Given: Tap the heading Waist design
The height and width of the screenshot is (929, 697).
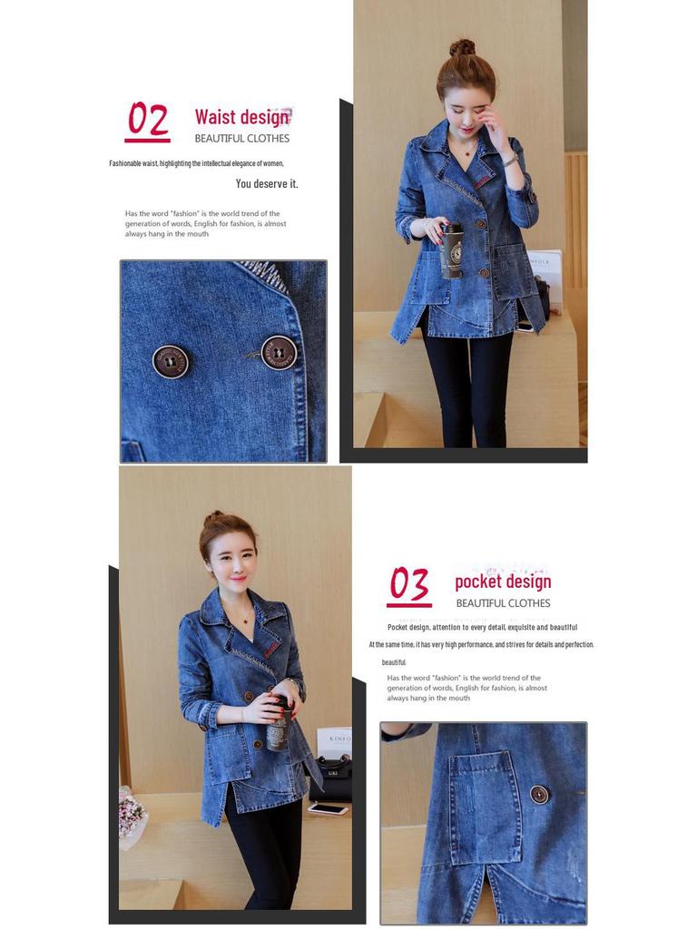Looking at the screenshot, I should (241, 117).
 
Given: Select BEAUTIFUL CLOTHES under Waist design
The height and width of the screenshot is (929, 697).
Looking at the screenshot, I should (241, 139).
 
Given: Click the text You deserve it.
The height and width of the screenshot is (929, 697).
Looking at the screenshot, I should (267, 184).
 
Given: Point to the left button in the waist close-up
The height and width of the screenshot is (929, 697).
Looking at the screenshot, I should (171, 361).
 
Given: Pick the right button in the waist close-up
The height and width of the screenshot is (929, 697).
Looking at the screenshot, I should (279, 352).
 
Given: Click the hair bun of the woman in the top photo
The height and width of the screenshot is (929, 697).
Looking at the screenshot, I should (462, 48).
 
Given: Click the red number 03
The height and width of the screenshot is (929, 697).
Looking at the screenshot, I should (409, 585).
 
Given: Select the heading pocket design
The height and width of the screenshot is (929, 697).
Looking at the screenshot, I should (503, 582).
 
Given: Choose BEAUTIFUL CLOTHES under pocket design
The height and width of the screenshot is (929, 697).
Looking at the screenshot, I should (503, 603).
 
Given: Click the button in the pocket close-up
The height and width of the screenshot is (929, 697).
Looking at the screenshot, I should (539, 795).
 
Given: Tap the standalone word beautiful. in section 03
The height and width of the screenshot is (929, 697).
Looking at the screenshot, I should (394, 662).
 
